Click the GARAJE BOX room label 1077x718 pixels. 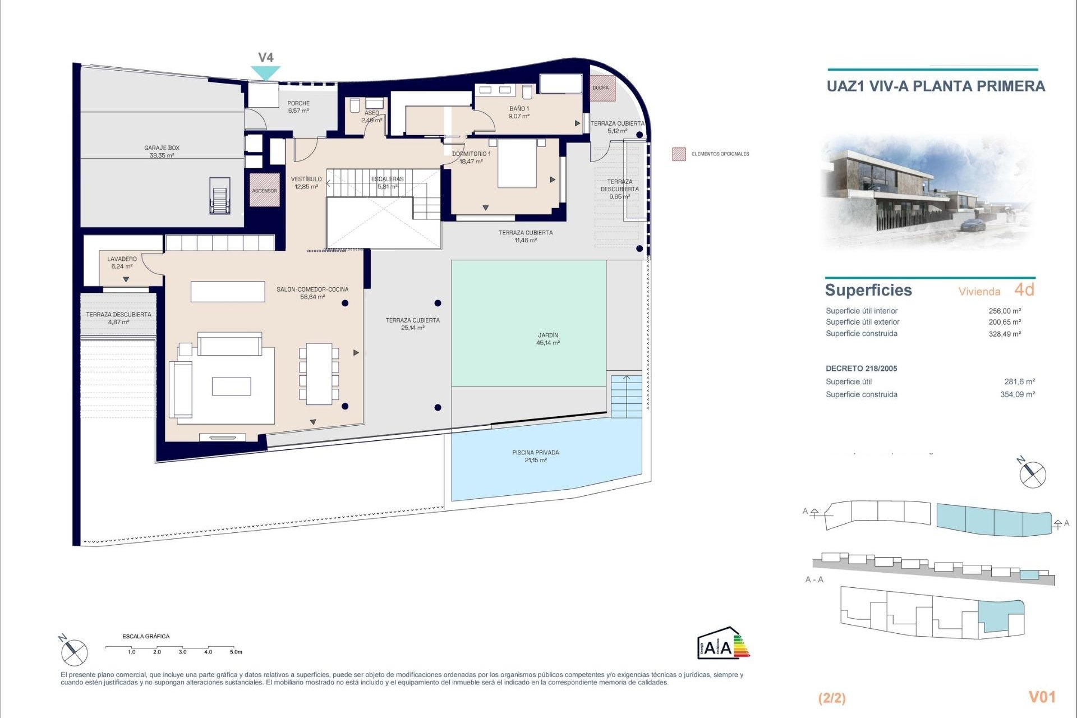[x=162, y=151]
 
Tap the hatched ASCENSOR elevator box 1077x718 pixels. [x=264, y=190]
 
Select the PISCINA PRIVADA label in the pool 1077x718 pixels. [x=535, y=456]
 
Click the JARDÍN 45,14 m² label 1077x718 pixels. [x=547, y=339]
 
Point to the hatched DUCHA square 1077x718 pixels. [x=602, y=88]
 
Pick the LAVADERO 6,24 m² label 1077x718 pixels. [x=122, y=263]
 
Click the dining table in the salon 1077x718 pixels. [x=319, y=374]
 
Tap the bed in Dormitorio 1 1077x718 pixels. [x=517, y=163]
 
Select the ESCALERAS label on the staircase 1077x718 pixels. [x=387, y=182]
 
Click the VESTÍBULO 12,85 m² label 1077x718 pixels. [x=306, y=183]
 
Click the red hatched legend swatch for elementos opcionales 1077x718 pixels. [x=679, y=154]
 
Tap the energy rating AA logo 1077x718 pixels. [x=722, y=643]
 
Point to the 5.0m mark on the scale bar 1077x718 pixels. [x=236, y=652]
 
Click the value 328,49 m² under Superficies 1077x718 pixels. [x=1004, y=334]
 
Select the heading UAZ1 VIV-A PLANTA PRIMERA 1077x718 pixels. [x=936, y=86]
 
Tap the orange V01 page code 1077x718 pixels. [x=1042, y=697]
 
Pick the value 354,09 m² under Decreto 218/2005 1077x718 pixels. [x=1017, y=394]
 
